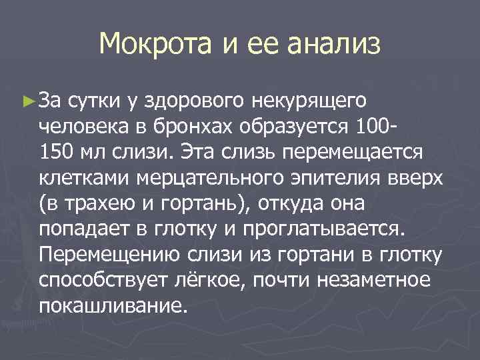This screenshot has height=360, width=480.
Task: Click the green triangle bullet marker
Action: pos(27,101)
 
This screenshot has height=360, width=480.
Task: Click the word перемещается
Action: pos(353,151)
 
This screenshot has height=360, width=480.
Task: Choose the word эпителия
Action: pos(325,178)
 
